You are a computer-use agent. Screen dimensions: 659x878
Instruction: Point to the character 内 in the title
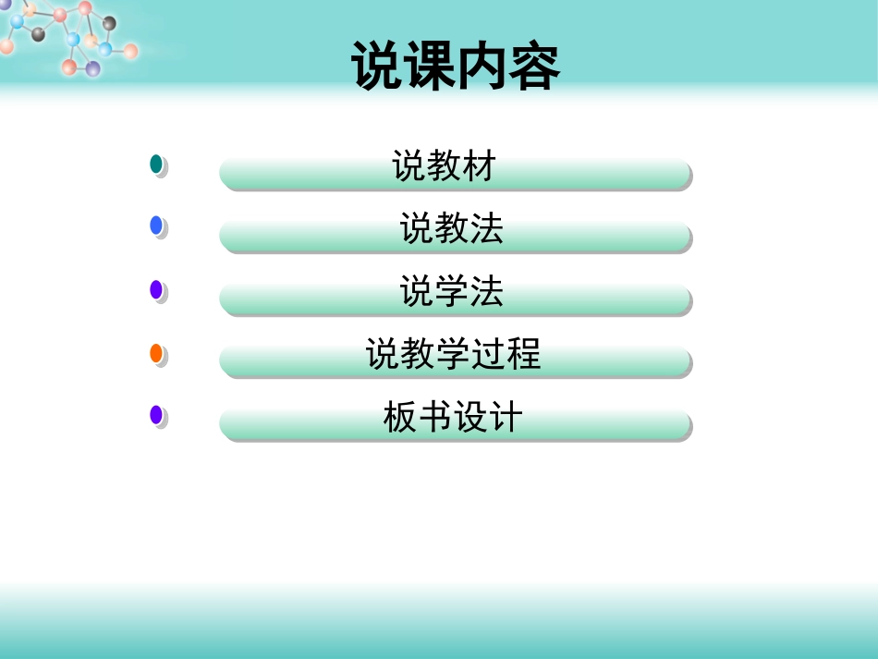(x=482, y=67)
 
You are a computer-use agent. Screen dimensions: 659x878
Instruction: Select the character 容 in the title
(x=533, y=67)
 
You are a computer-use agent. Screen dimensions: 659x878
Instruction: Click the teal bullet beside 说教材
(x=156, y=165)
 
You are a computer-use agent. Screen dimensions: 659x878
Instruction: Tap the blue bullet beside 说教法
(x=156, y=226)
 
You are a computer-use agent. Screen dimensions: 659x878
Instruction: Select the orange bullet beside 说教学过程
(x=156, y=353)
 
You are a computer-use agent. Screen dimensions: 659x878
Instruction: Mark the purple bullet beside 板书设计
(x=156, y=415)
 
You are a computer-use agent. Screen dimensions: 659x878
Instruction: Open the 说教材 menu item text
(x=445, y=167)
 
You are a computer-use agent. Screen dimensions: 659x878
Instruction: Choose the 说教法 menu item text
(x=452, y=228)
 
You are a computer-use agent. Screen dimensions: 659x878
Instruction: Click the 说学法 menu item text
(x=452, y=292)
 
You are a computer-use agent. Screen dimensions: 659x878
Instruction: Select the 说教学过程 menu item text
(x=453, y=354)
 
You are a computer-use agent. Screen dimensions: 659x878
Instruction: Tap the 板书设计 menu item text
(x=453, y=418)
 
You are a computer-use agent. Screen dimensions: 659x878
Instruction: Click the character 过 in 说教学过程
(x=489, y=354)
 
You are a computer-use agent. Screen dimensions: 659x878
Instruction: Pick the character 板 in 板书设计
(x=400, y=418)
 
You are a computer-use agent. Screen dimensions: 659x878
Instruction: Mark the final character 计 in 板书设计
(x=506, y=418)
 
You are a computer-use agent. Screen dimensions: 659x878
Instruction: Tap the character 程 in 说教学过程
(x=524, y=354)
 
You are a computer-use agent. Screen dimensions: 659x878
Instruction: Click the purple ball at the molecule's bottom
(x=92, y=68)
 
